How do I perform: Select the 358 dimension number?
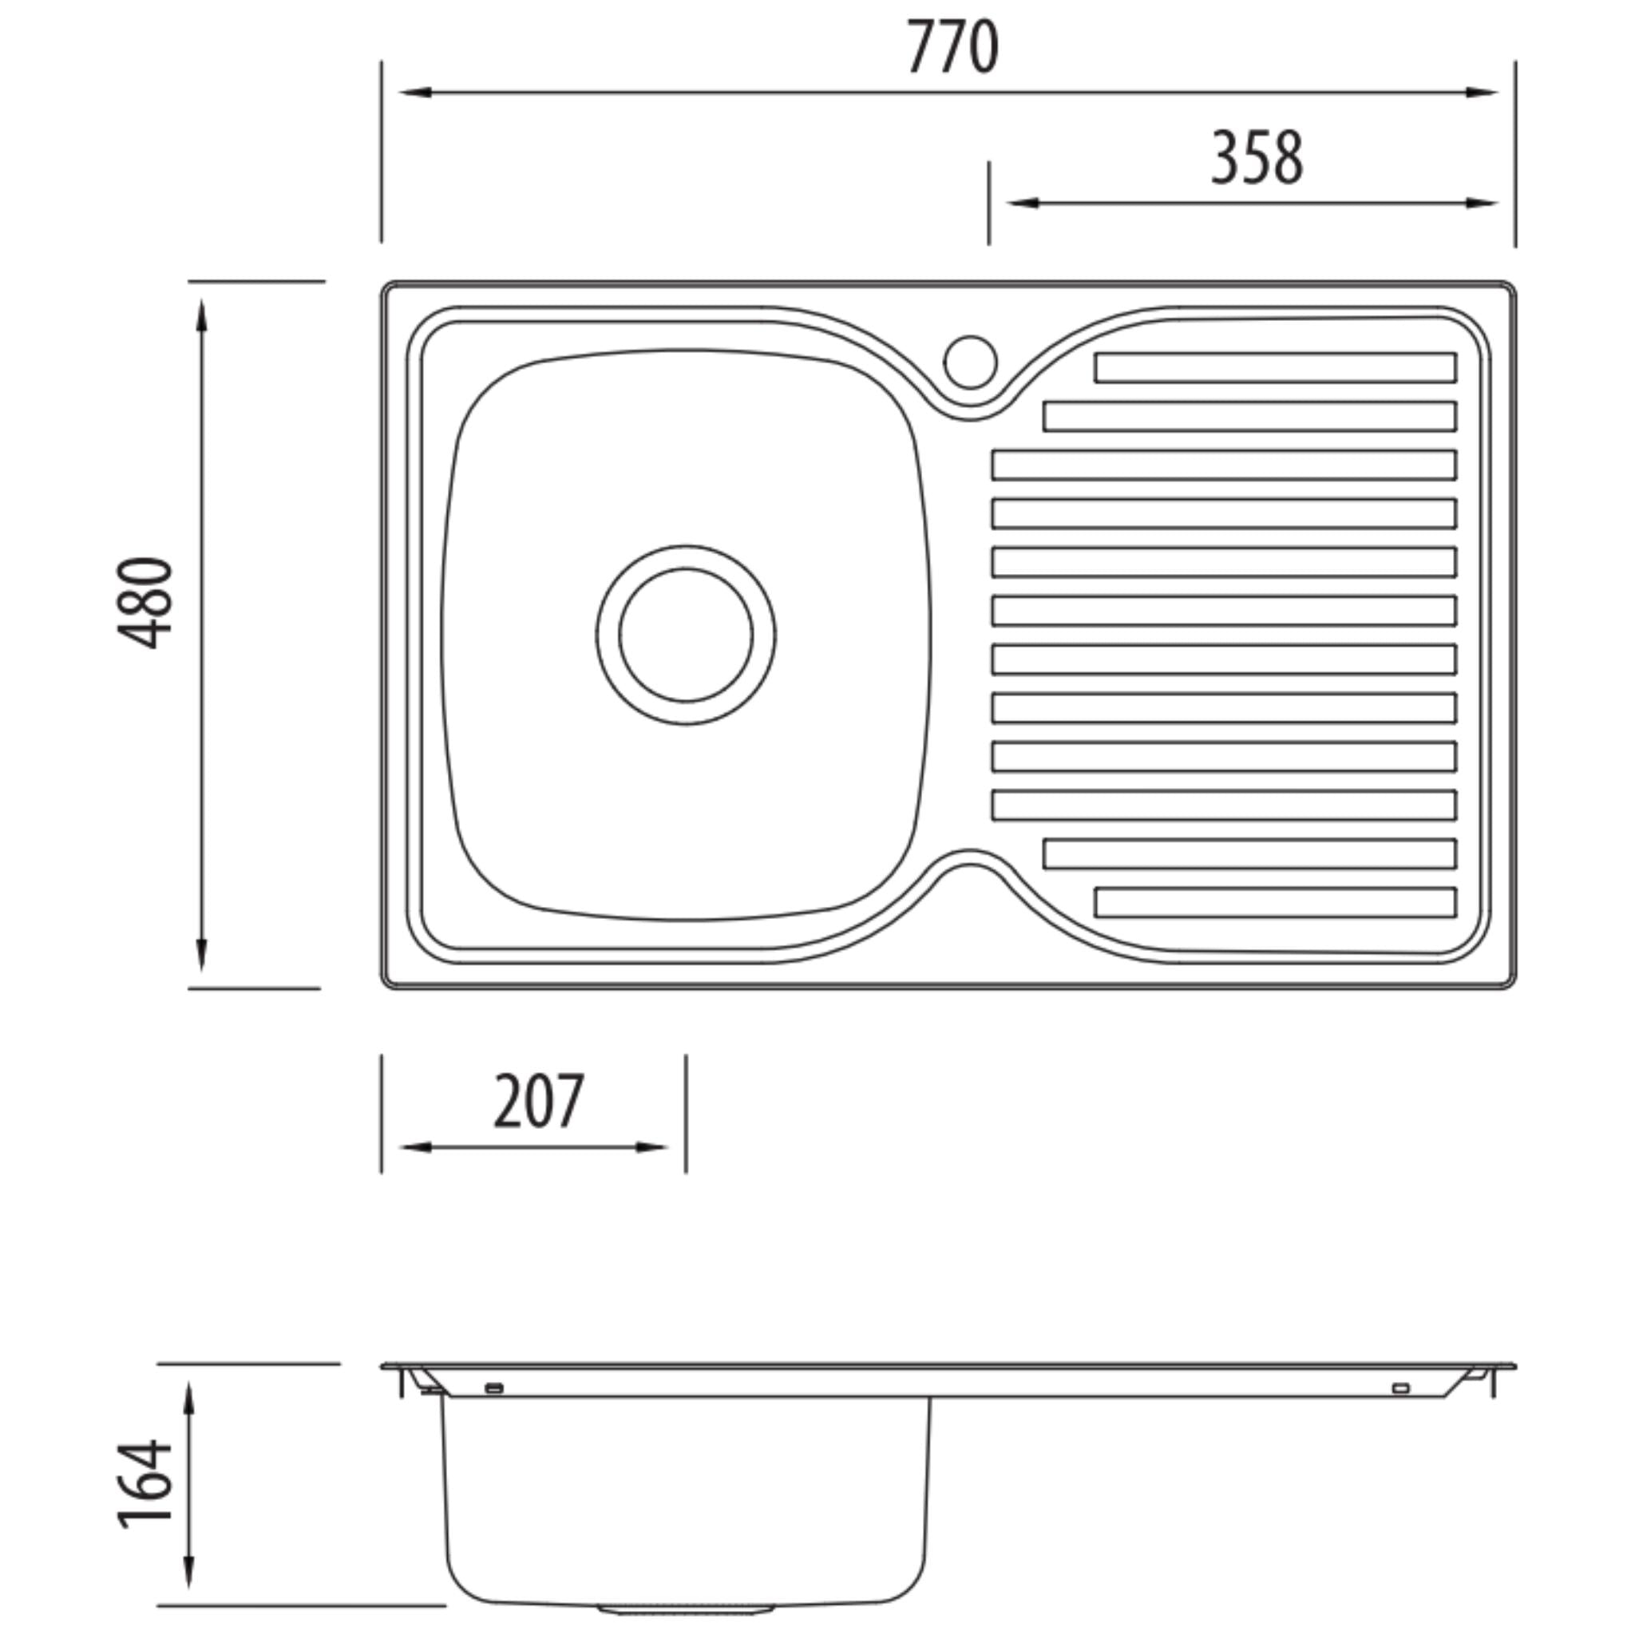click(1257, 159)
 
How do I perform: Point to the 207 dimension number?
click(539, 1102)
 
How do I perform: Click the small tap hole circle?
click(971, 362)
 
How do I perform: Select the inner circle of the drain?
click(686, 635)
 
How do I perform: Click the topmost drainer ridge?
click(1274, 368)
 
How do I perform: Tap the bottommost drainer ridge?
click(1274, 902)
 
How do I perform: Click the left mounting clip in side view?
click(495, 1388)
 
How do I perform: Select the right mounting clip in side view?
click(1400, 1388)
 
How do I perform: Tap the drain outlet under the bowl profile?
click(686, 1606)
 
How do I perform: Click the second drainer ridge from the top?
click(1249, 417)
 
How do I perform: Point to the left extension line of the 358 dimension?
click(988, 203)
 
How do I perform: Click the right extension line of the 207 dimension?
click(686, 1113)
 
